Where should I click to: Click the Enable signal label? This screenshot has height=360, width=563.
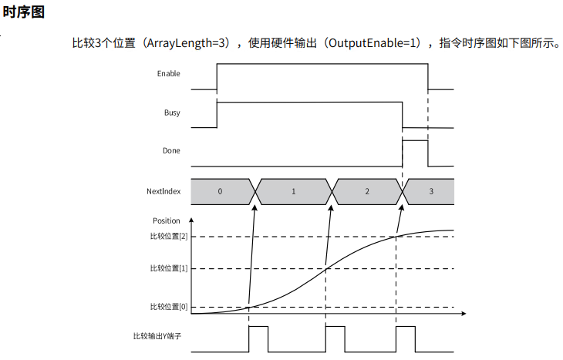[x=168, y=74]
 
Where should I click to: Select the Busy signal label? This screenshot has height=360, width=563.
[x=172, y=113]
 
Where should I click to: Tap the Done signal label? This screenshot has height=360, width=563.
[x=171, y=151]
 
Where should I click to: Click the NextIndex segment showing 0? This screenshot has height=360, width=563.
[x=220, y=190]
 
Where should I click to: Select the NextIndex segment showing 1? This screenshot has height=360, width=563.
[x=293, y=190]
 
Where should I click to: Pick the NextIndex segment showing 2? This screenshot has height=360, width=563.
[x=366, y=190]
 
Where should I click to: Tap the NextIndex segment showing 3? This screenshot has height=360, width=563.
[x=430, y=190]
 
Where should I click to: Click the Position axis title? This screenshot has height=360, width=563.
[x=167, y=221]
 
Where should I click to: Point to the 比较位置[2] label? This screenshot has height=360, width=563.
[x=169, y=237]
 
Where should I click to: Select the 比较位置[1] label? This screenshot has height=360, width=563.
[x=169, y=268]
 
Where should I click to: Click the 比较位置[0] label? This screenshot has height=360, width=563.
[x=169, y=307]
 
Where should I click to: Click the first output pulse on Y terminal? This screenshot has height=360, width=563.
[x=258, y=337]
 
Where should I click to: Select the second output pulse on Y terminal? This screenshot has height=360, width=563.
[x=335, y=337]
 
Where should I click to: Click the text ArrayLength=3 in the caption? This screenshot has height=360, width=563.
[x=191, y=43]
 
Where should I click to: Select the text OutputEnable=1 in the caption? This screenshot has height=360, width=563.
[x=373, y=43]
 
